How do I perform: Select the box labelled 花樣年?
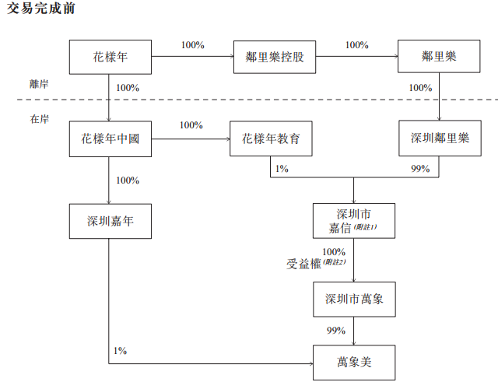110,58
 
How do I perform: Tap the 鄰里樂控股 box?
275,58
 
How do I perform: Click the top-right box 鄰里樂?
438,58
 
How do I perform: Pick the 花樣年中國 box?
110,139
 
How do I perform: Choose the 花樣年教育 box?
271,139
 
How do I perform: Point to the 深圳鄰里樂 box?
440,139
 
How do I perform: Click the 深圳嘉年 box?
110,222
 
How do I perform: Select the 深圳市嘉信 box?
354,221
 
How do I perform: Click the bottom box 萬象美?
354,362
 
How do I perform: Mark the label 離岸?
40,84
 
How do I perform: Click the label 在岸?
40,119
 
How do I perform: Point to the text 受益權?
303,264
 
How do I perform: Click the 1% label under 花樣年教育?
281,169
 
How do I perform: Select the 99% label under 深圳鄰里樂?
420,169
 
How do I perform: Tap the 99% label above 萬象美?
335,331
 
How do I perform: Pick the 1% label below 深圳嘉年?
119,351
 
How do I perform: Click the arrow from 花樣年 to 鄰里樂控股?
192,57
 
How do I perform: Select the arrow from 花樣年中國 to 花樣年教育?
190,139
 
